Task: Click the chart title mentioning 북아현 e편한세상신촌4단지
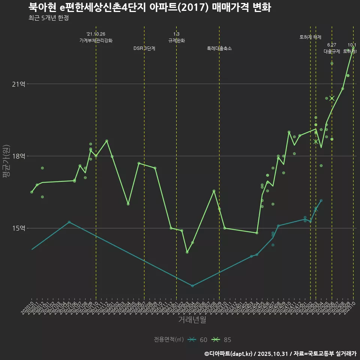coord(149,7)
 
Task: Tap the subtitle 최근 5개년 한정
coord(48,18)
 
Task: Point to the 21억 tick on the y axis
coord(19,84)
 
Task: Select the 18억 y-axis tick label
coord(19,156)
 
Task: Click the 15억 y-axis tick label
coord(19,228)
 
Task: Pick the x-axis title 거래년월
coord(192,320)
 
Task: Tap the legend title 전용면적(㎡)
coord(169,340)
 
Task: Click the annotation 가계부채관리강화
coord(96,40)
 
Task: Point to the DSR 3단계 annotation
coord(144,48)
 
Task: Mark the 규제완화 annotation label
coord(176,40)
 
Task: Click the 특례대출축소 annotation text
coord(219,48)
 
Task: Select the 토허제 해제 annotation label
coord(310,37)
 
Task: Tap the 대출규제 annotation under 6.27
coord(332,51)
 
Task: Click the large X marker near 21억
coord(332,98)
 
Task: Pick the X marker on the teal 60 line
coord(316,209)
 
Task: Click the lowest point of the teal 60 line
coord(192,286)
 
